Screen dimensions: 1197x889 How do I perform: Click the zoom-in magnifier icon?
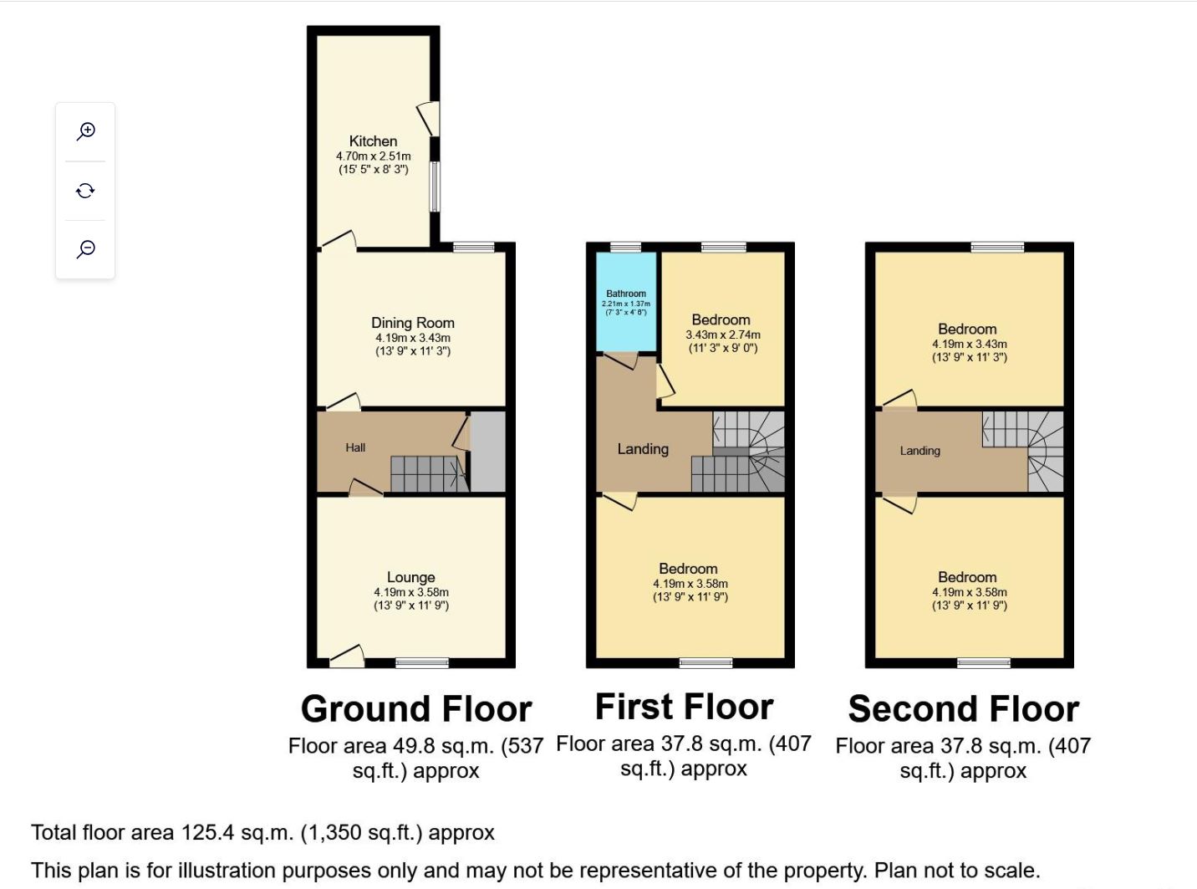[86, 131]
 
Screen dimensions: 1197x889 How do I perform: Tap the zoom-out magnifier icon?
[86, 249]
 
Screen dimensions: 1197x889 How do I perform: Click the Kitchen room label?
[373, 141]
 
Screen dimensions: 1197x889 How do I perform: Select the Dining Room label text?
[413, 323]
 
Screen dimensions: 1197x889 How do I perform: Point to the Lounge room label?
[410, 577]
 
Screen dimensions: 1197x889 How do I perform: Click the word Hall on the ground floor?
[355, 447]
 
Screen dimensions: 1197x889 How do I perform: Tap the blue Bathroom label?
[626, 294]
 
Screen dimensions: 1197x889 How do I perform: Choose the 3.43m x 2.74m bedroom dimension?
[722, 335]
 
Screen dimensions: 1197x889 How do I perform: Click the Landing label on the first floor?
[643, 449]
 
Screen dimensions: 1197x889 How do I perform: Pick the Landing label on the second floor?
[919, 451]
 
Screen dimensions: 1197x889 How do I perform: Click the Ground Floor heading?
[416, 708]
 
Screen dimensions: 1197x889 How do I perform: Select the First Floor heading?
[684, 707]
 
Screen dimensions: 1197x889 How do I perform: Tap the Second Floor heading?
[963, 708]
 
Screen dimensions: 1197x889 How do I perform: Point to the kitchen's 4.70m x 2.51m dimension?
[373, 156]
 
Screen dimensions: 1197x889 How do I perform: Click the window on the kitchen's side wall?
[435, 186]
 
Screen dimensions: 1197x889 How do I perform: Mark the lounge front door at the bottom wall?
[346, 658]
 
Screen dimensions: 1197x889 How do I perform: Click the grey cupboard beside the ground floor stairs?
[488, 452]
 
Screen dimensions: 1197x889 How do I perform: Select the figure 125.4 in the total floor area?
[207, 832]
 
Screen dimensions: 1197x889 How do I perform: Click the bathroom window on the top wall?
[625, 248]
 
